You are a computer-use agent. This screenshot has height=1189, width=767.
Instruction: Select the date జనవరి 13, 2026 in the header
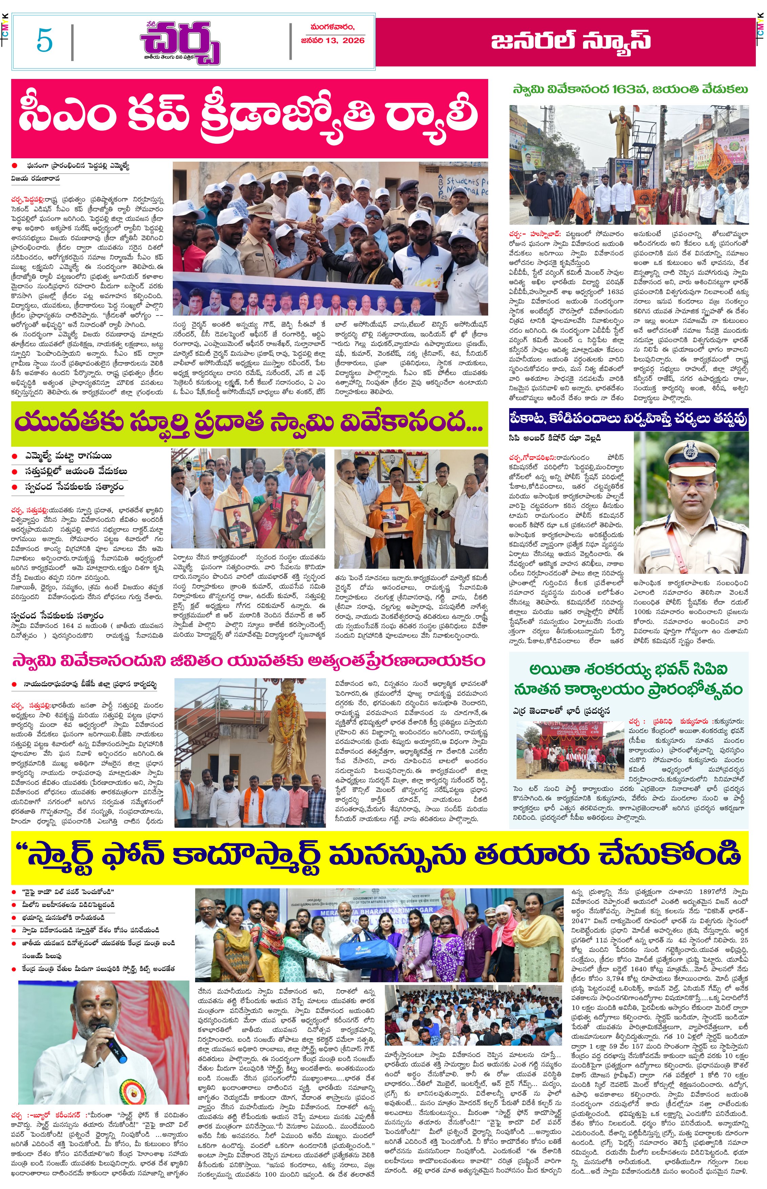pyautogui.click(x=333, y=40)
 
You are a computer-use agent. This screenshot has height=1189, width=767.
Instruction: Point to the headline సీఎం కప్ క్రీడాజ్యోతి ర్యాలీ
pyautogui.click(x=249, y=118)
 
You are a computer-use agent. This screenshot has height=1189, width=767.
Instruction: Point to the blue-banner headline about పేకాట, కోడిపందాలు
pyautogui.click(x=628, y=420)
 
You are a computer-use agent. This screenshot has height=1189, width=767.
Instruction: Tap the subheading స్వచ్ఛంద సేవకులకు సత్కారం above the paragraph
pyautogui.click(x=57, y=616)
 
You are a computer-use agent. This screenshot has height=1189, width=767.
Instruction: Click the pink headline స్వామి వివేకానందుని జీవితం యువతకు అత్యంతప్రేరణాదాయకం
pyautogui.click(x=249, y=661)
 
